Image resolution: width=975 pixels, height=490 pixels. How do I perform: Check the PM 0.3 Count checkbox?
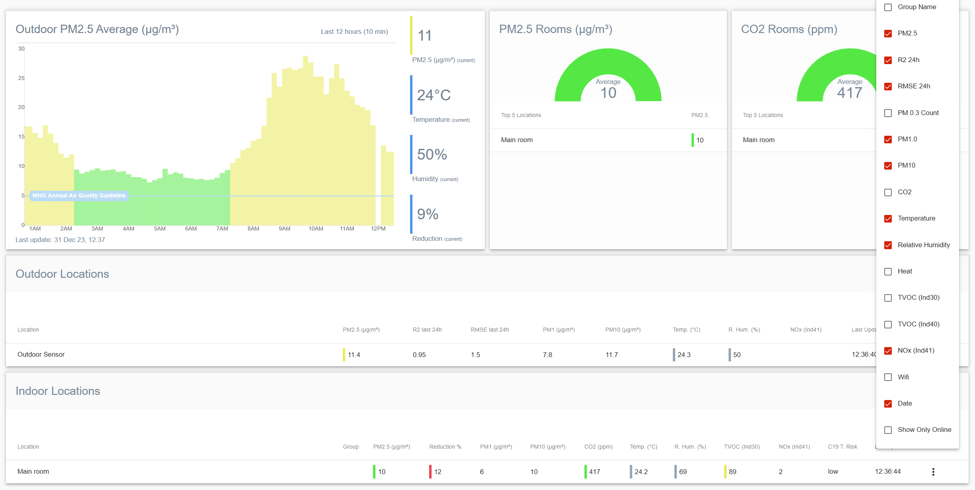pos(888,113)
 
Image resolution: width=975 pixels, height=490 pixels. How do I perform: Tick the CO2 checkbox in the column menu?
pos(888,192)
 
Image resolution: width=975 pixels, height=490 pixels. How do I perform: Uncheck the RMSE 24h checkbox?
pos(888,86)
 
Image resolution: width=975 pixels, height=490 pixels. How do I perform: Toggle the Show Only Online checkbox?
pos(888,430)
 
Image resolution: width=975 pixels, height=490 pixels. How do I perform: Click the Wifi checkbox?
pos(888,377)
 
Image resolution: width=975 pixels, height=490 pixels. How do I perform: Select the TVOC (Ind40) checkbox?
pos(888,324)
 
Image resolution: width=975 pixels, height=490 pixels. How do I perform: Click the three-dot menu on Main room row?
pos(933,472)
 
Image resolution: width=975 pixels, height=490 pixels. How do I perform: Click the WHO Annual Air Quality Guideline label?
pos(78,195)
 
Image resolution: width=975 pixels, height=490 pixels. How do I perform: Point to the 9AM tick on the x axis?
pos(284,228)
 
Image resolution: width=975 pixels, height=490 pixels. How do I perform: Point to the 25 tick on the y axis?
pos(21,78)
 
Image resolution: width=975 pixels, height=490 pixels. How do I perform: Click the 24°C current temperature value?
pos(434,95)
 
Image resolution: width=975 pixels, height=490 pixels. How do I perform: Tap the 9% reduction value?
pos(428,214)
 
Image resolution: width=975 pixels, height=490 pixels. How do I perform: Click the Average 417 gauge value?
pos(850,93)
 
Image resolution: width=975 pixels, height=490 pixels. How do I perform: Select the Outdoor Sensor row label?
pos(41,354)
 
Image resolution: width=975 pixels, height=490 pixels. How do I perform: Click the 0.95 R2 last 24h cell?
pos(419,355)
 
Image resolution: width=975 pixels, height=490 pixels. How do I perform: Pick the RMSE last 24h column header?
pos(490,330)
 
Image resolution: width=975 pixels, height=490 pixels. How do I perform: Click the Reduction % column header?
pos(445,447)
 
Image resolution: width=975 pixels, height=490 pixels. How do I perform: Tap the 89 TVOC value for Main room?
pos(733,472)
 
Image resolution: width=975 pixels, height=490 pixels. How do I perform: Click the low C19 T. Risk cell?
pos(833,472)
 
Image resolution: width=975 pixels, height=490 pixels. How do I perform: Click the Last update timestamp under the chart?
pos(60,240)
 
